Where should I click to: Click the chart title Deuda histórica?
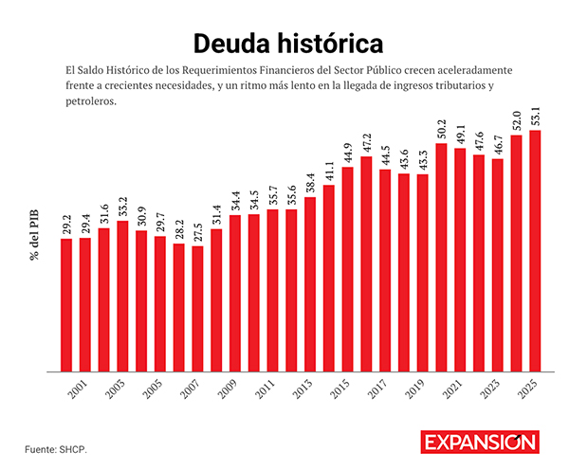(x=284, y=43)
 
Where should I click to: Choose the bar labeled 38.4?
(x=310, y=283)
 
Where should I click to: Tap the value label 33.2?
(x=122, y=208)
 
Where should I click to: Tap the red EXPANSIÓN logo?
(x=480, y=443)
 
